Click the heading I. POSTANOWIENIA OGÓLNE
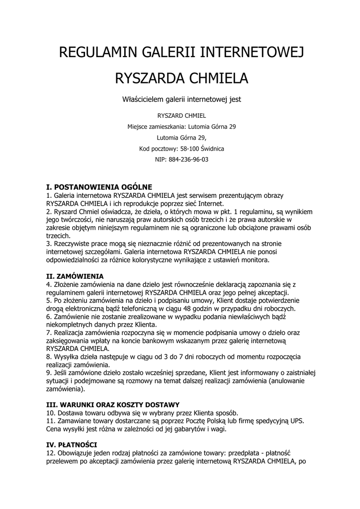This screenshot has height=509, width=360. click(98, 187)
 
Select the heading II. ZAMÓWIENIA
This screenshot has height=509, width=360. click(75, 275)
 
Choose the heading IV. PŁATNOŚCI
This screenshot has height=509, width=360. click(72, 443)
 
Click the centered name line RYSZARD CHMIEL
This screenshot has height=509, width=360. click(181, 115)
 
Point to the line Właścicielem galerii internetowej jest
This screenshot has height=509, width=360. click(181, 99)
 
